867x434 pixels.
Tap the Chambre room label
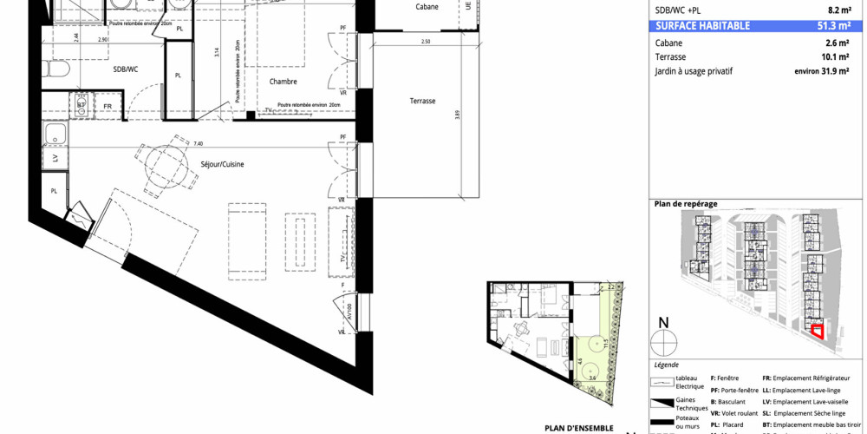click(x=283, y=82)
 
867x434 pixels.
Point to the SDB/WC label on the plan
click(x=125, y=69)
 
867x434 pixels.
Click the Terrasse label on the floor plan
click(x=422, y=101)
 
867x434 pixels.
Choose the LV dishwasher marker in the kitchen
click(x=55, y=160)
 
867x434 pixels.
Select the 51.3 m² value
click(x=838, y=26)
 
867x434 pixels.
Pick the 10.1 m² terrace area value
click(x=838, y=56)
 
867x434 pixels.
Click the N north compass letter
click(x=663, y=324)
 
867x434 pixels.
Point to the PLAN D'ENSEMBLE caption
click(x=578, y=427)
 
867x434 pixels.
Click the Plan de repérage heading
click(x=686, y=203)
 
